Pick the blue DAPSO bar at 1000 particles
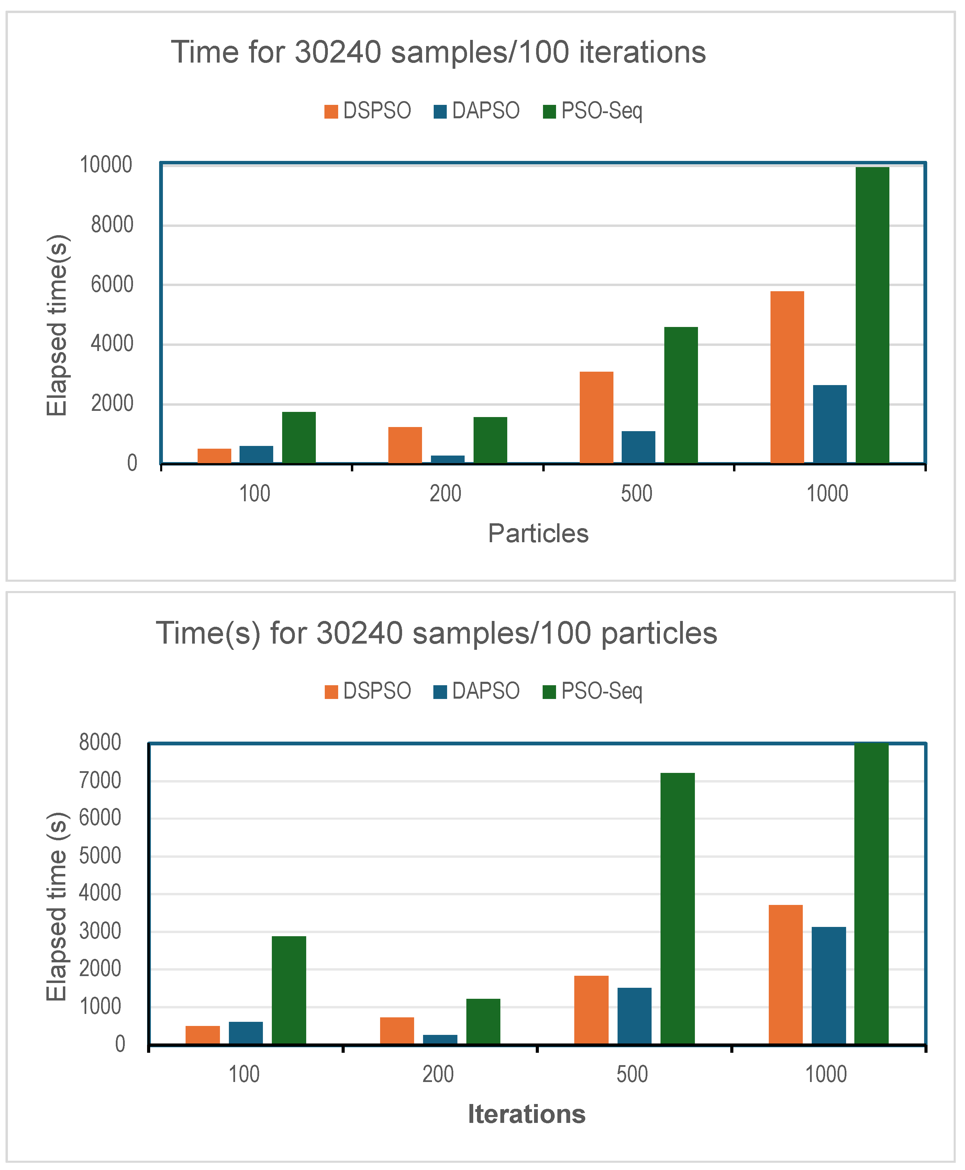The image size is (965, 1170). [829, 424]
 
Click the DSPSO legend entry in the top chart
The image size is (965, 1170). [368, 111]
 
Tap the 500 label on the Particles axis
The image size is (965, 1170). [636, 494]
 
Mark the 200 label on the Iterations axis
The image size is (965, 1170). [438, 1074]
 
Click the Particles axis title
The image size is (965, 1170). [538, 533]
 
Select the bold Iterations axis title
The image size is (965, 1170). [526, 1114]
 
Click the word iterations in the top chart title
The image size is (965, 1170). [642, 52]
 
